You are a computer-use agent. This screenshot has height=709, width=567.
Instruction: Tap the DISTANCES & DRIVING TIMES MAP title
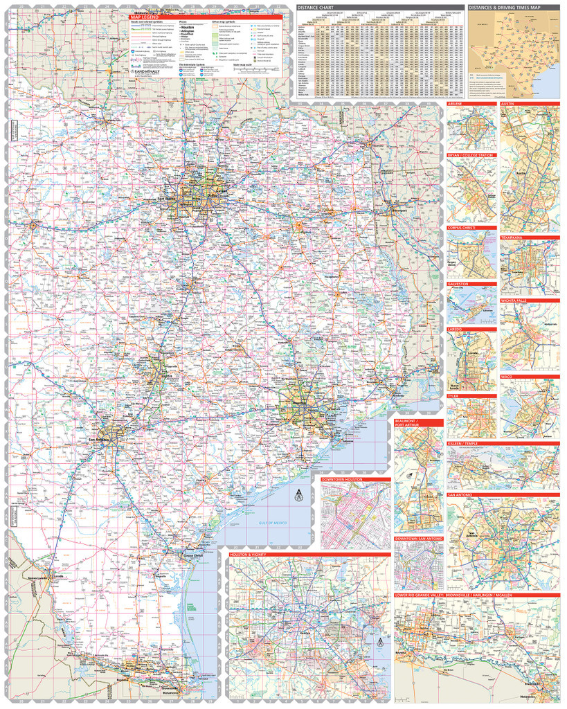tap(504, 8)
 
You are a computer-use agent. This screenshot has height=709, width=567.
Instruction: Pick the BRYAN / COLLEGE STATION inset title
tap(471, 155)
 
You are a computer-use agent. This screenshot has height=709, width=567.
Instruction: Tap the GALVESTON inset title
tap(458, 283)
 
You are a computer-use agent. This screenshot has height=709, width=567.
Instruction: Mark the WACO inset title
tap(507, 377)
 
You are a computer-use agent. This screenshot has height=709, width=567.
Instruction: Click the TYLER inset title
tap(453, 396)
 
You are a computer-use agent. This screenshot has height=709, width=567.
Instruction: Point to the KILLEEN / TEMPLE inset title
tap(472, 443)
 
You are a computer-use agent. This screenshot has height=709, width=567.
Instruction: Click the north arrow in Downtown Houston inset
tap(299, 494)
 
